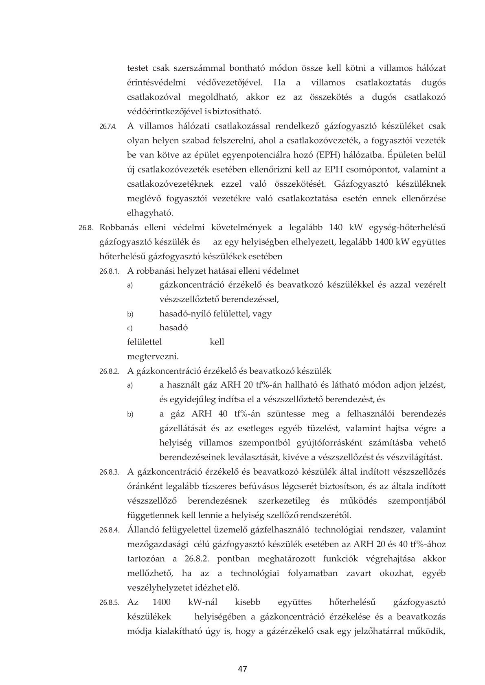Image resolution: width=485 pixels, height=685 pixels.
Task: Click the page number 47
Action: pos(243,669)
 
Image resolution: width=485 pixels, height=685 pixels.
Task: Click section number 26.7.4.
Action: pos(108,127)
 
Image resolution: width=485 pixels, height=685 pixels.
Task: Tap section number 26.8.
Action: pos(86,228)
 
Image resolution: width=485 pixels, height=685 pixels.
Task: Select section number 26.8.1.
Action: pos(109,271)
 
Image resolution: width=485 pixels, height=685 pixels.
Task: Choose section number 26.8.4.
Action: pos(109,530)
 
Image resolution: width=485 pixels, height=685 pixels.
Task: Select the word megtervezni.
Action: pos(153,357)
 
